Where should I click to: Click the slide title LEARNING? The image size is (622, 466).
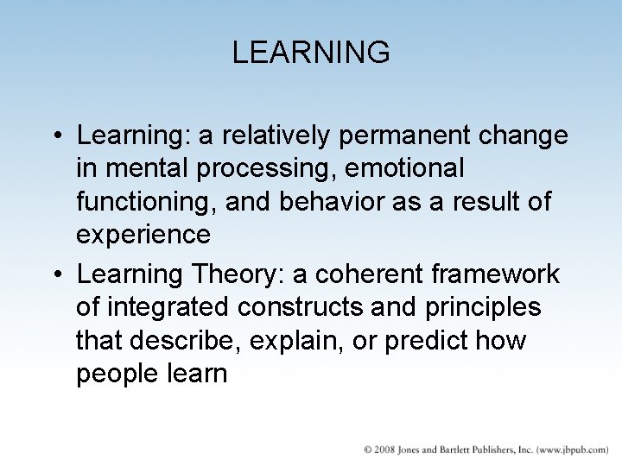(x=311, y=53)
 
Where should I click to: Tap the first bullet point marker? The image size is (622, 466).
(x=56, y=136)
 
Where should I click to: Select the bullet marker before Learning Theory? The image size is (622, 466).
(x=56, y=275)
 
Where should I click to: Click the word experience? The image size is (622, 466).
(x=143, y=234)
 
